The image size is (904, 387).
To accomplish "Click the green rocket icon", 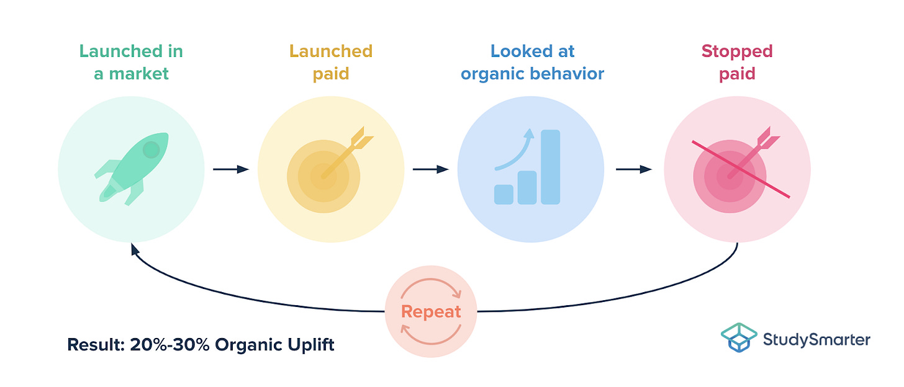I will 131,168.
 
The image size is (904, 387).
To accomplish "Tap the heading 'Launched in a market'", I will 131,62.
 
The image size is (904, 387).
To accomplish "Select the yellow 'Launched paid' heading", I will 331,62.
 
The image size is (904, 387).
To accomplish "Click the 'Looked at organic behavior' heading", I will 532,62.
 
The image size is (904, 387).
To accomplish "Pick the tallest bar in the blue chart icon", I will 550,167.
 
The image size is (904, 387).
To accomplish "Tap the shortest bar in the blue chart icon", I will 504,194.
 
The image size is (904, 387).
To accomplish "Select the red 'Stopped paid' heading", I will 737,62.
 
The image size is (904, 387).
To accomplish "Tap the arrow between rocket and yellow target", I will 230,169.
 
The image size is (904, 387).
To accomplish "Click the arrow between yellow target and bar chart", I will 430,169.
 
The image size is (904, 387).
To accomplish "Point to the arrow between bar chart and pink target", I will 633,169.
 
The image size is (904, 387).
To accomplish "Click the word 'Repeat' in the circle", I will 431,311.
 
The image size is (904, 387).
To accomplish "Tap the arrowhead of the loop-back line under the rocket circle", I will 133,249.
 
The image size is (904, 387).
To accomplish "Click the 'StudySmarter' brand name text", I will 817,339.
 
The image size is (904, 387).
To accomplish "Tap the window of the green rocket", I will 151,149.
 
